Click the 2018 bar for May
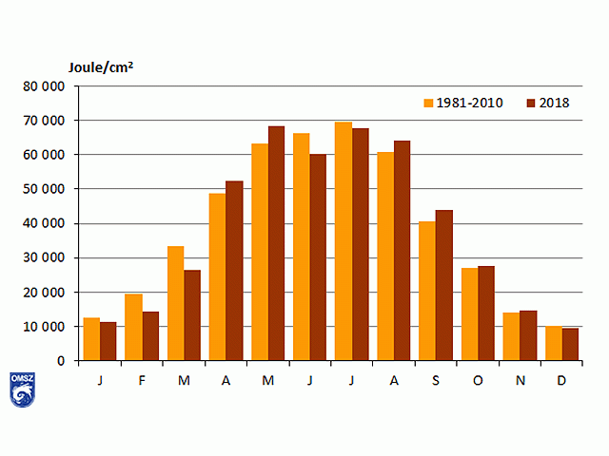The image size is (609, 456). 276,243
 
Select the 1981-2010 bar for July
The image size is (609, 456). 343,241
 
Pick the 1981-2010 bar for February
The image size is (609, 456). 133,327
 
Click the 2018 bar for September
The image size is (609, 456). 443,285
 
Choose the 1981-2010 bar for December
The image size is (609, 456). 552,343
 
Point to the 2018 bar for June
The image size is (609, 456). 318,256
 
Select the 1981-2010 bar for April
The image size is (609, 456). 217,276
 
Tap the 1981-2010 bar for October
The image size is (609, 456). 468,308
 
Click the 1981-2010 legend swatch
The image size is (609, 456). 428,103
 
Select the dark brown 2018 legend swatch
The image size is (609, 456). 531,103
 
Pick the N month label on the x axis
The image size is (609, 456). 520,380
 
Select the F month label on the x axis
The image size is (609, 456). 143,380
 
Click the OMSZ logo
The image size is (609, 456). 21,389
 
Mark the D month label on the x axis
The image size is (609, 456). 561,380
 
